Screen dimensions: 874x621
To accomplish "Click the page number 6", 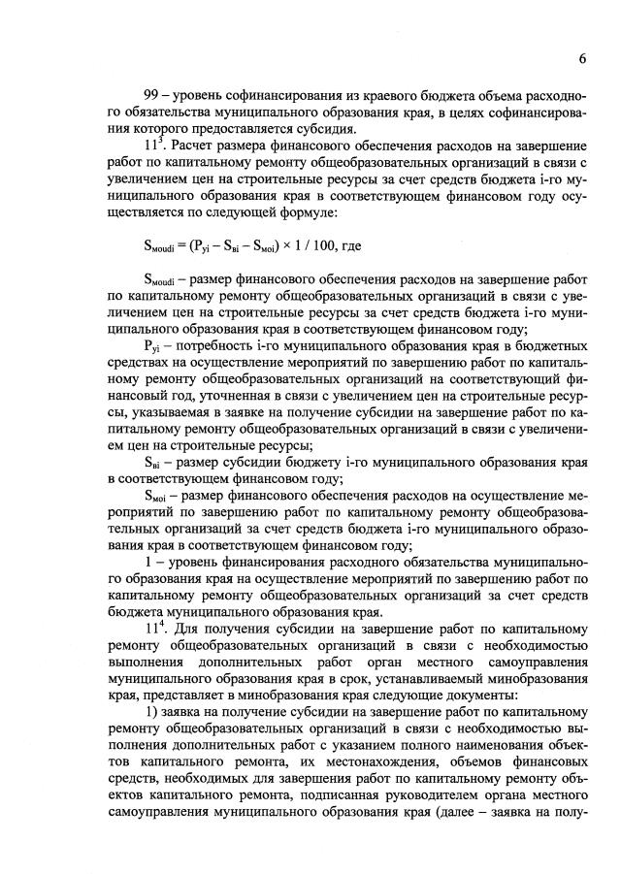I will pyautogui.click(x=582, y=58).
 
